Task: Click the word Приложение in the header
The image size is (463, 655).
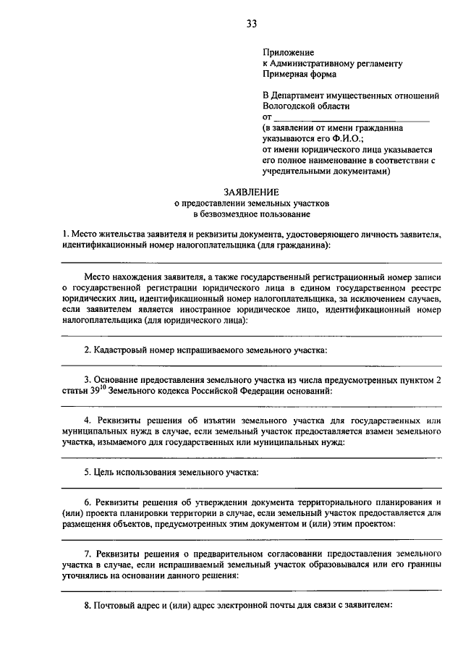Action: [288, 53]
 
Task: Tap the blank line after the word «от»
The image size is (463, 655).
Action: [352, 117]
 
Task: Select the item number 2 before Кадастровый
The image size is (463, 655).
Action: [87, 350]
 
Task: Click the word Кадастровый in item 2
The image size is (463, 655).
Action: [119, 350]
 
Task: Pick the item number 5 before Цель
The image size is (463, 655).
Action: [87, 473]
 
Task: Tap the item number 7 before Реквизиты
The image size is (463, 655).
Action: [87, 553]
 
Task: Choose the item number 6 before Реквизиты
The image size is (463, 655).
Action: [87, 502]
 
